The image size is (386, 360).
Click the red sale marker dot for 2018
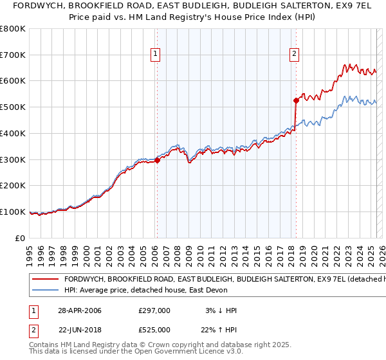coord(295,100)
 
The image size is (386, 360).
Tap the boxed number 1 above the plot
coord(156,55)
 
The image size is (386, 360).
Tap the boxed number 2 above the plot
coord(294,55)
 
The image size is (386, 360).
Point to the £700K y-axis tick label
coord(13,55)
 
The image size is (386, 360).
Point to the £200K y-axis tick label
coord(13,186)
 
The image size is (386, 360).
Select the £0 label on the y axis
coord(19,238)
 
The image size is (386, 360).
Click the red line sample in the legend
coord(46,280)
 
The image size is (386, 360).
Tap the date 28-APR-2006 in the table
coord(80,310)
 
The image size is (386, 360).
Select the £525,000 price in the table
coord(154,330)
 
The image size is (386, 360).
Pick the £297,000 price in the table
coord(154,310)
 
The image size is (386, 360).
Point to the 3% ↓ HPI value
coord(219,310)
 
